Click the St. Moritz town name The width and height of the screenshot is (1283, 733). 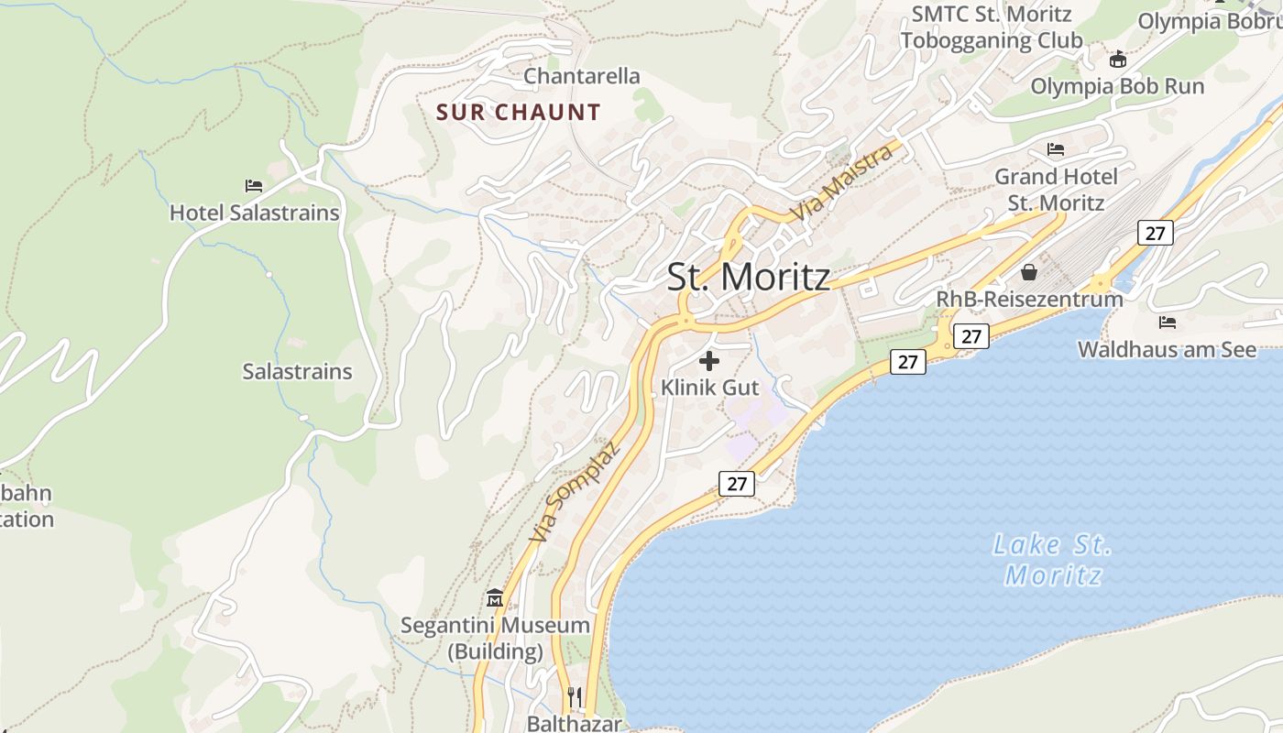coord(748,278)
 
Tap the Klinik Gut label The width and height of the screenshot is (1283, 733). coord(710,388)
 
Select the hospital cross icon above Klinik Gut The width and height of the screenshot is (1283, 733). coord(709,361)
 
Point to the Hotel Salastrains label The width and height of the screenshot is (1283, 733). coord(255,213)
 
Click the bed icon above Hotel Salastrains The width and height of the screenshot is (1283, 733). coord(254,186)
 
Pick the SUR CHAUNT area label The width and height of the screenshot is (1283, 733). coord(519,113)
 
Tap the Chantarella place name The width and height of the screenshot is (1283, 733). coord(582,76)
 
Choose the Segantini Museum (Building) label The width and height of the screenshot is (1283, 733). coord(496,639)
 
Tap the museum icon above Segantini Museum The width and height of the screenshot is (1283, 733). coord(496,598)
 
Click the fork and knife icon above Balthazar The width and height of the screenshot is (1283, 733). coord(574,696)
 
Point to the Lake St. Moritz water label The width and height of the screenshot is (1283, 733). coord(1053,560)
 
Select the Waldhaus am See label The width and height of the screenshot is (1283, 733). coord(1168,349)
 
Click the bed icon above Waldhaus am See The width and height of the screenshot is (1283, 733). coord(1168,323)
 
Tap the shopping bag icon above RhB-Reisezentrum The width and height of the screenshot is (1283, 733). coord(1029,272)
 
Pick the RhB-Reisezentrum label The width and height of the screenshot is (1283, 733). coord(1029,300)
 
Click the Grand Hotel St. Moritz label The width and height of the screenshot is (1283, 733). coord(1057,189)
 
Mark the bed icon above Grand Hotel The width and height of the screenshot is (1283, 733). coord(1056,148)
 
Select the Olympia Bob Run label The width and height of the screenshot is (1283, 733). coord(1117,86)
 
